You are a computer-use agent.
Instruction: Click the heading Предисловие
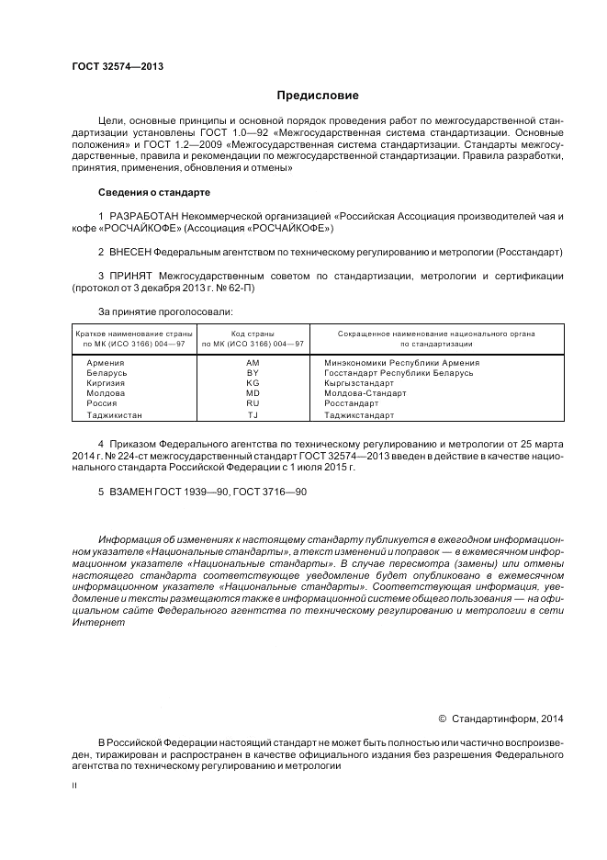point(318,95)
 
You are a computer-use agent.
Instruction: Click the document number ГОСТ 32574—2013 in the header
point(111,66)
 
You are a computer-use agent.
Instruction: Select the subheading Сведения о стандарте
point(154,193)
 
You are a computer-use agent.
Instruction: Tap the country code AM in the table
point(253,363)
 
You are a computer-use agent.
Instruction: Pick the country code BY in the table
point(253,373)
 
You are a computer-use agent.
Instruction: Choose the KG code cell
point(253,383)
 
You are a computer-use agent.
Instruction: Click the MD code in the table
point(253,393)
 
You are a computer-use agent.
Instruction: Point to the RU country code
point(253,403)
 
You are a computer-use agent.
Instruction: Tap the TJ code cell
point(253,414)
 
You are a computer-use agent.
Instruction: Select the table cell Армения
point(105,363)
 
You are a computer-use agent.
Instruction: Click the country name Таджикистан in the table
point(115,414)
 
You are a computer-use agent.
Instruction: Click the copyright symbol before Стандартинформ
point(442,719)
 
